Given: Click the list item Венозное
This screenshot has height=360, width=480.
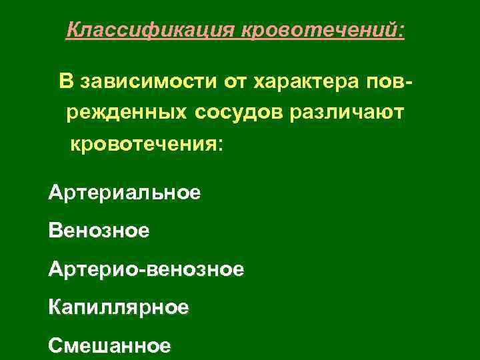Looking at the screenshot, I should pyautogui.click(x=99, y=232).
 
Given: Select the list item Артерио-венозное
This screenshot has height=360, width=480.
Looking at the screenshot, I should pyautogui.click(x=146, y=270).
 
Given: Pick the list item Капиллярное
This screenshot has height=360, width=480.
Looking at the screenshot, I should pyautogui.click(x=119, y=308).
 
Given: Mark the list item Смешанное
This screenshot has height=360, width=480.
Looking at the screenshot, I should pyautogui.click(x=110, y=346).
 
